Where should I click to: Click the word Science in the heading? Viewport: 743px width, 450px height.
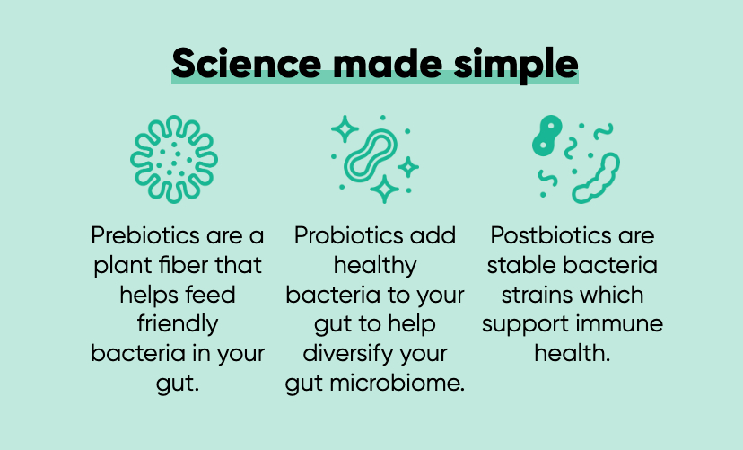(247, 63)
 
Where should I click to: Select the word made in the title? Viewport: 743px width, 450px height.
(388, 63)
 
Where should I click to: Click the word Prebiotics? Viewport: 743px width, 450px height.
(146, 235)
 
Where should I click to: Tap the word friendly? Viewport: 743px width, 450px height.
(178, 324)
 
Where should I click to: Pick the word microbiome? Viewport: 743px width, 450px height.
(398, 384)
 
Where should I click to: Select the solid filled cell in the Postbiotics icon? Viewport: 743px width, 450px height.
(547, 135)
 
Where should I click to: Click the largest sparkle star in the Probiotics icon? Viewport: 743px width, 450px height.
(384, 190)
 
